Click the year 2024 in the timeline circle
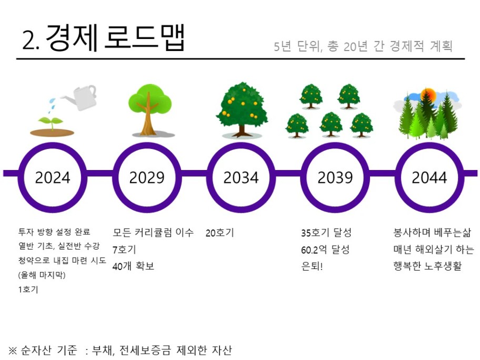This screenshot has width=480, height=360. click(x=53, y=177)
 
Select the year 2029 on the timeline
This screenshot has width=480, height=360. click(x=147, y=177)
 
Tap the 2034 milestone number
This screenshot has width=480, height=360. click(x=241, y=177)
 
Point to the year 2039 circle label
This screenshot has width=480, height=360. click(x=335, y=177)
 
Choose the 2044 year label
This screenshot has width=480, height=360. click(x=429, y=177)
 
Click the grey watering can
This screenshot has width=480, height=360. click(x=81, y=97)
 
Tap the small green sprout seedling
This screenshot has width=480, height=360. click(x=51, y=123)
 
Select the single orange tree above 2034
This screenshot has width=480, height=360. click(x=242, y=109)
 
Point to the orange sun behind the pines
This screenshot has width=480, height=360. click(x=428, y=95)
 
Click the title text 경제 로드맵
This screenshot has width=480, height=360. click(x=115, y=38)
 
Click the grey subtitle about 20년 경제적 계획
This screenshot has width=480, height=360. click(x=363, y=46)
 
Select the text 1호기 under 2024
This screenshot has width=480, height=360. click(x=28, y=289)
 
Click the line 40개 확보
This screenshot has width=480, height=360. click(x=133, y=266)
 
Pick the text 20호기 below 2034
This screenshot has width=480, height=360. click(x=220, y=233)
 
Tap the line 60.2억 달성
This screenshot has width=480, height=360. click(x=325, y=250)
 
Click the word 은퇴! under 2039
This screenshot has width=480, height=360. click(x=312, y=266)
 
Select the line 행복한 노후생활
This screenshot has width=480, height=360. click(x=427, y=266)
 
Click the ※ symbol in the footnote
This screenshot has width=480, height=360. click(x=13, y=350)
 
